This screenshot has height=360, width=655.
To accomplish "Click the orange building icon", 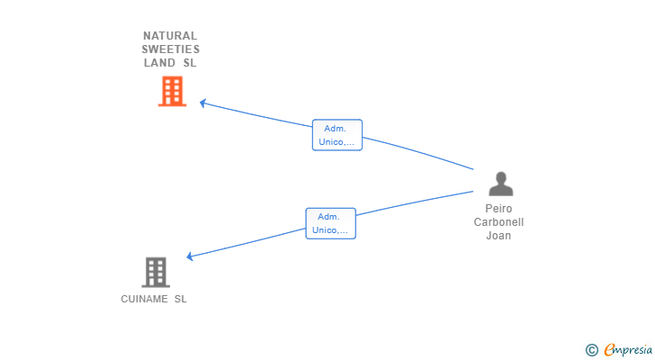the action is pyautogui.click(x=172, y=91).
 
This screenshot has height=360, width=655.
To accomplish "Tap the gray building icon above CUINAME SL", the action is pyautogui.click(x=156, y=273).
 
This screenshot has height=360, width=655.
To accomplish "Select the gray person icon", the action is pyautogui.click(x=501, y=184).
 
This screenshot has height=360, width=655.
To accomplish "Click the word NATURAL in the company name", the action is pyautogui.click(x=170, y=36).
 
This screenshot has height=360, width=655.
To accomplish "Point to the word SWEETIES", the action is pyautogui.click(x=170, y=49).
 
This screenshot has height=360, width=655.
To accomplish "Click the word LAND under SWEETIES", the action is pyautogui.click(x=159, y=63).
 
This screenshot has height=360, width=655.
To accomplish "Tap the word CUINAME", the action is pyautogui.click(x=144, y=299).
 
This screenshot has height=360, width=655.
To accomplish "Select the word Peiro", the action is pyautogui.click(x=498, y=209).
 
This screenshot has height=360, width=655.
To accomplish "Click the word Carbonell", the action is pyautogui.click(x=498, y=222).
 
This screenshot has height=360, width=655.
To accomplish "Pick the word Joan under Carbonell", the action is pyautogui.click(x=498, y=236).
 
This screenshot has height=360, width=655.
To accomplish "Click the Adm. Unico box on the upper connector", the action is pyautogui.click(x=337, y=135).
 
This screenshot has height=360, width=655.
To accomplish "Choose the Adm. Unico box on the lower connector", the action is pyautogui.click(x=330, y=223).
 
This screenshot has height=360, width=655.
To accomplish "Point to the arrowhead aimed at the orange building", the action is pyautogui.click(x=202, y=103).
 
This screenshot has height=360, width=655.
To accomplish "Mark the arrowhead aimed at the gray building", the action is pyautogui.click(x=189, y=256).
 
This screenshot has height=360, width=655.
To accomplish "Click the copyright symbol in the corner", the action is pyautogui.click(x=591, y=350).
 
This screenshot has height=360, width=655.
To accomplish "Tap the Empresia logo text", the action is pyautogui.click(x=628, y=350).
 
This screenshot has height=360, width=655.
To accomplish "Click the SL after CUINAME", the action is pyautogui.click(x=181, y=299).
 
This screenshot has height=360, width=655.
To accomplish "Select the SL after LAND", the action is pyautogui.click(x=190, y=63).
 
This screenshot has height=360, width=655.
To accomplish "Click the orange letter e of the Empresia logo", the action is pyautogui.click(x=610, y=350).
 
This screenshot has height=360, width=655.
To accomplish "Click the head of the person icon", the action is pyautogui.click(x=501, y=177).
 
